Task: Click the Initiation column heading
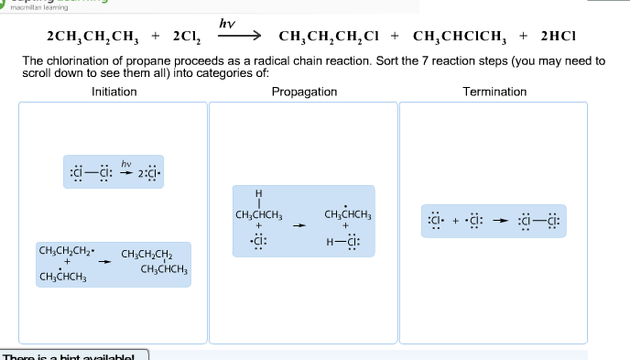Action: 114,92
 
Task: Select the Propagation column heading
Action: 304,92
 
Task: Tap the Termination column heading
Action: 494,92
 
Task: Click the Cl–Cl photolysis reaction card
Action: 114,170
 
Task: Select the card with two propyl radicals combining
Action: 114,264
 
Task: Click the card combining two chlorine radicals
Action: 494,221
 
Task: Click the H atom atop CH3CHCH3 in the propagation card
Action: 259,193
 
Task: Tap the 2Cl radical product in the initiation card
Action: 148,171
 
